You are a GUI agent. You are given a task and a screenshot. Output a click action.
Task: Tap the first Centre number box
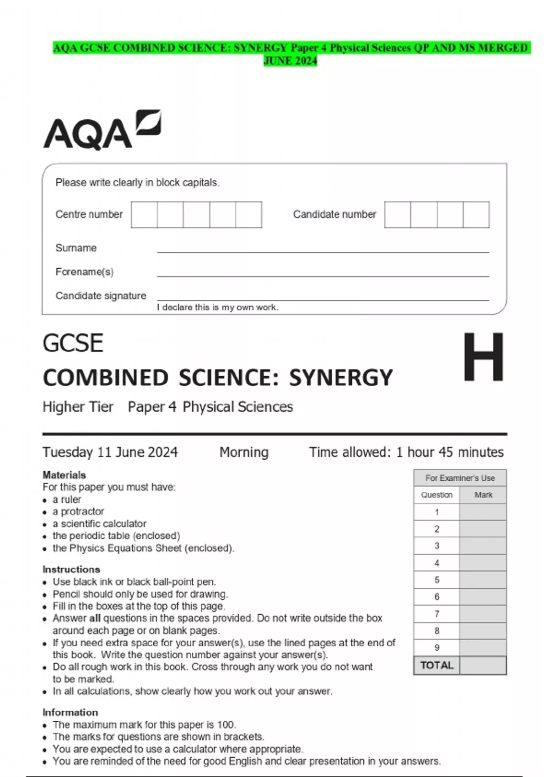(144, 214)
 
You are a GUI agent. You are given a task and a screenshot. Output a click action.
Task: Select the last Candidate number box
(476, 214)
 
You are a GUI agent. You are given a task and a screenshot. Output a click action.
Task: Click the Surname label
(76, 248)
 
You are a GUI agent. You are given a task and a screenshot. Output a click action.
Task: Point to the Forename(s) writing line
(323, 275)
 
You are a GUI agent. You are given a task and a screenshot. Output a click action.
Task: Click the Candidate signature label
(101, 296)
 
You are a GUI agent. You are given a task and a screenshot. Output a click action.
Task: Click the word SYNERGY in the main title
(341, 378)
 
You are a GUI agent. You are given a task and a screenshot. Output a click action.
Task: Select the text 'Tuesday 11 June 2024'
(110, 452)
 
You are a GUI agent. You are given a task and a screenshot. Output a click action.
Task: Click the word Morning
(244, 452)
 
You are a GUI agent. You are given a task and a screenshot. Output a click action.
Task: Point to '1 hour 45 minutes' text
(450, 452)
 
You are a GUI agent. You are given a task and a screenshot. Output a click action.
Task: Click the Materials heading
(64, 475)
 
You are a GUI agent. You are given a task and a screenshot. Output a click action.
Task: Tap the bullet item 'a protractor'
(78, 511)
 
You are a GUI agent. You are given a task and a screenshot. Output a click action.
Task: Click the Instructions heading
(71, 569)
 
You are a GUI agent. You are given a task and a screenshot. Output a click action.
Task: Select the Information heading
(70, 712)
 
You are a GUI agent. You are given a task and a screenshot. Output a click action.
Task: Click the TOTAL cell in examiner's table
(436, 665)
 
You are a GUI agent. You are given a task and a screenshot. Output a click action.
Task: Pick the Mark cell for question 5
(483, 580)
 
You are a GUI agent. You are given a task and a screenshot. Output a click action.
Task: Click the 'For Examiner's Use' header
(460, 478)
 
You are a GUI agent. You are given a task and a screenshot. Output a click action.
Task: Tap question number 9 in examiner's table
(436, 648)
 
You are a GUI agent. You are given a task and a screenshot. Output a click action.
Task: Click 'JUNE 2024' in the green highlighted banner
(290, 61)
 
